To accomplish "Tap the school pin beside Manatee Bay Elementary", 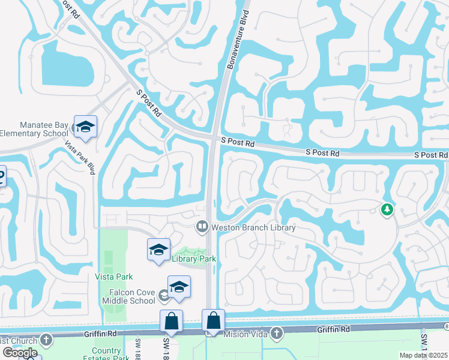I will (x=85, y=126).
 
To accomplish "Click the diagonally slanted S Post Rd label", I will (x=148, y=103).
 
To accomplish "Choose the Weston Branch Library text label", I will (x=252, y=227).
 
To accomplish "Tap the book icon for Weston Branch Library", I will (x=202, y=227).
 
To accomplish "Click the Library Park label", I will (x=193, y=259).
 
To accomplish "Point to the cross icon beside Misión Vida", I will (x=276, y=332).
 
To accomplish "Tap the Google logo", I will (x=20, y=352).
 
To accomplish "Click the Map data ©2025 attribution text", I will (x=423, y=355).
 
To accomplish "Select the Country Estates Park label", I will (x=111, y=354).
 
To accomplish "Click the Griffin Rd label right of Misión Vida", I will (x=337, y=329).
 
